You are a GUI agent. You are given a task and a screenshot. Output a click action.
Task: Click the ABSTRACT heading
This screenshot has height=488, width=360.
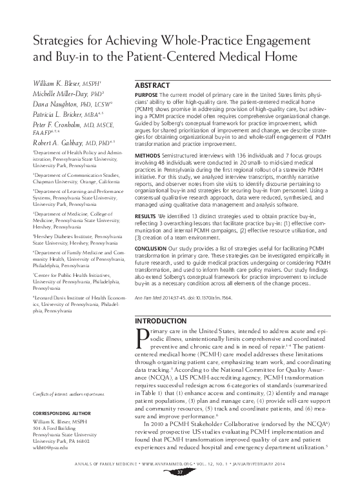click(152, 86)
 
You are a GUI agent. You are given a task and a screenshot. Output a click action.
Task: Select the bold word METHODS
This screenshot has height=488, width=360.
click(146, 156)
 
